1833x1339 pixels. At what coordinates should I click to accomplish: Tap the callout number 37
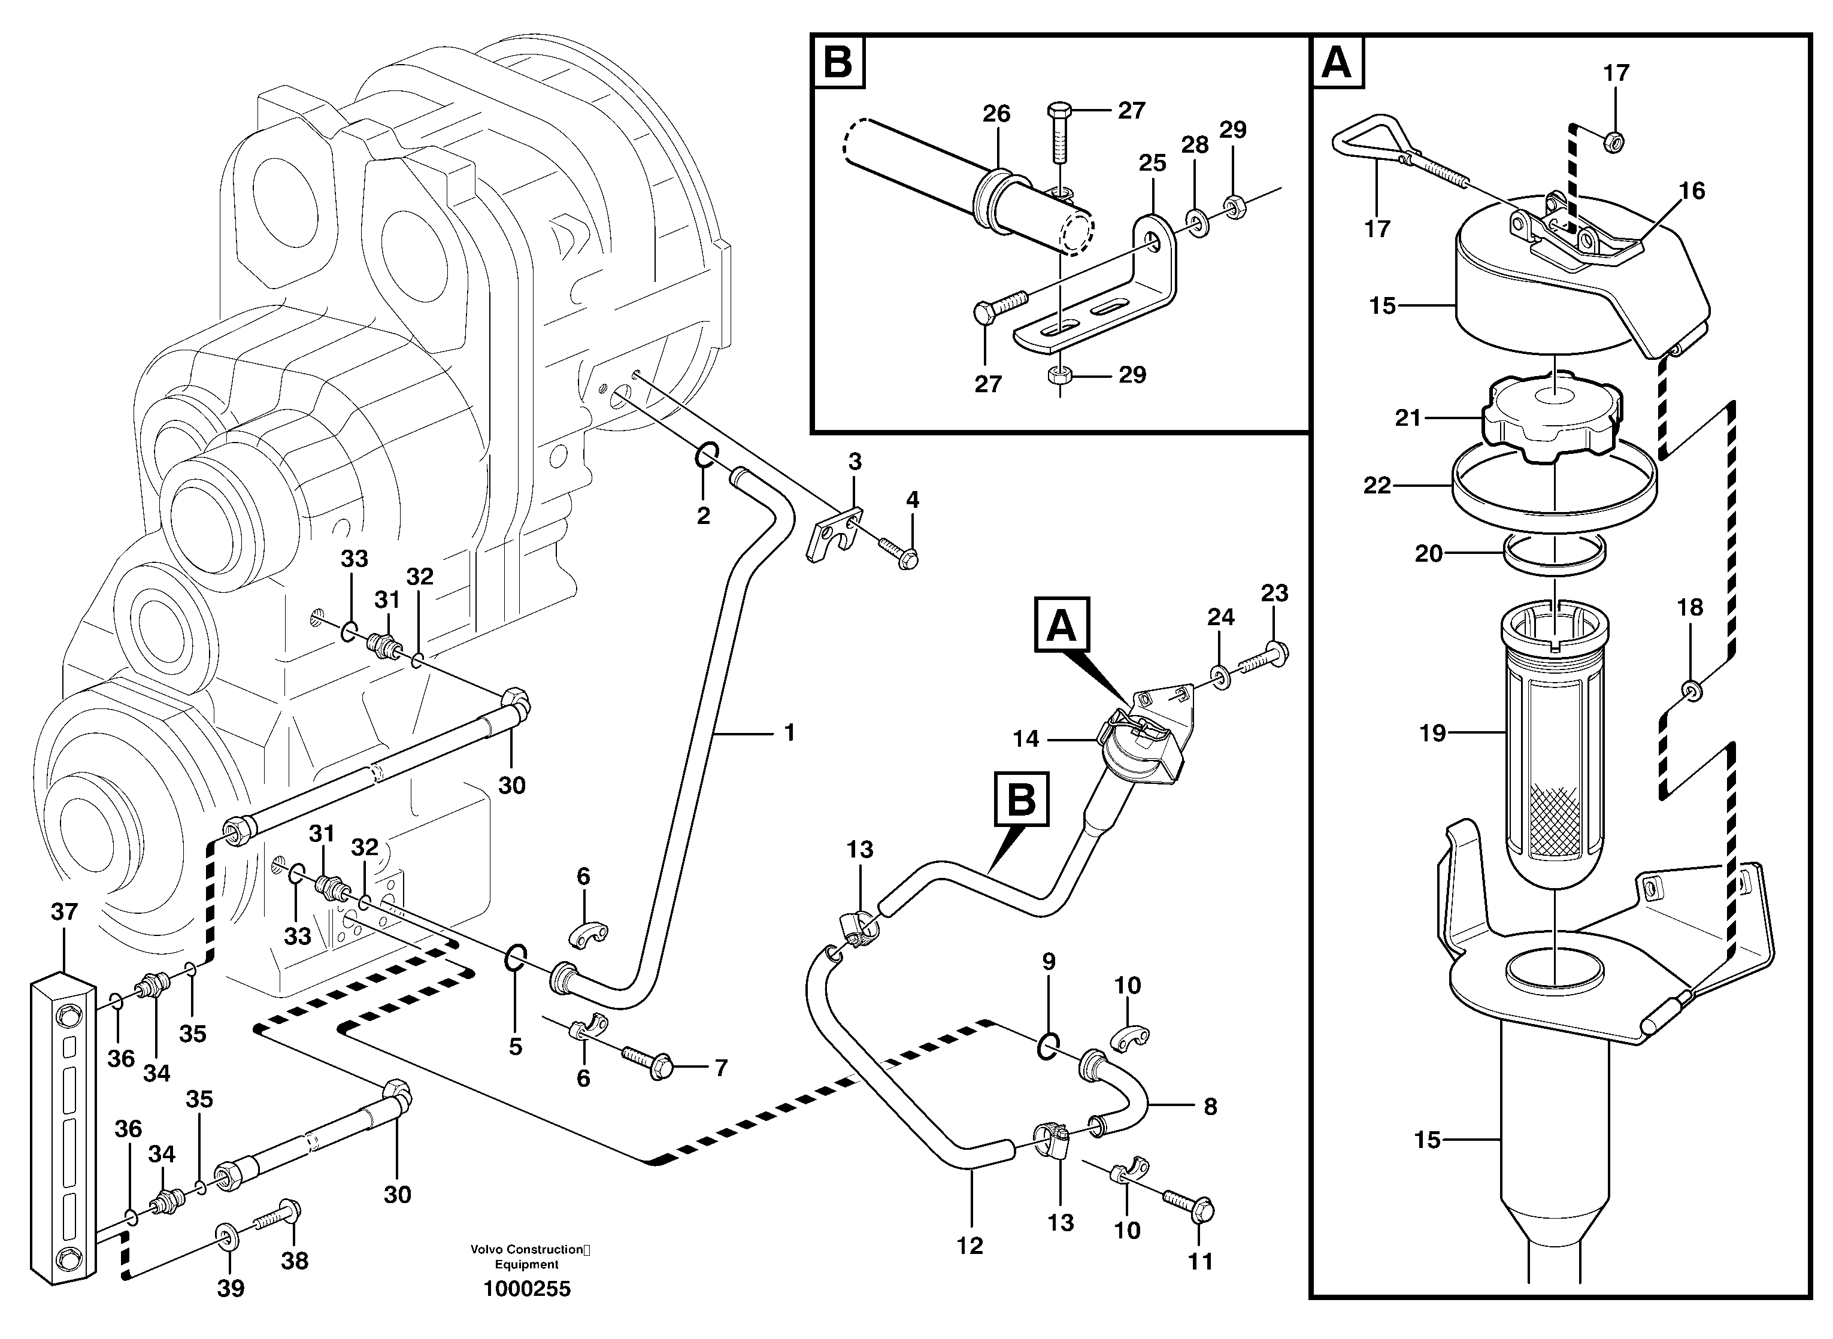[x=64, y=912]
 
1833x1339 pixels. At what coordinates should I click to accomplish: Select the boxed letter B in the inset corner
[x=837, y=62]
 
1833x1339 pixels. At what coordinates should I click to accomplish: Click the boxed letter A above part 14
[x=1062, y=626]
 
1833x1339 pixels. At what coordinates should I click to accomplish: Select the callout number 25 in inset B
[x=1152, y=163]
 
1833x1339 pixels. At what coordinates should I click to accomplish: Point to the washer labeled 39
[x=226, y=1235]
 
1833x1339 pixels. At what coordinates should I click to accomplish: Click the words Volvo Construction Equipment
[x=527, y=1257]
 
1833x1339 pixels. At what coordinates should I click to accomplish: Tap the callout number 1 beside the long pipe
[x=789, y=733]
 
